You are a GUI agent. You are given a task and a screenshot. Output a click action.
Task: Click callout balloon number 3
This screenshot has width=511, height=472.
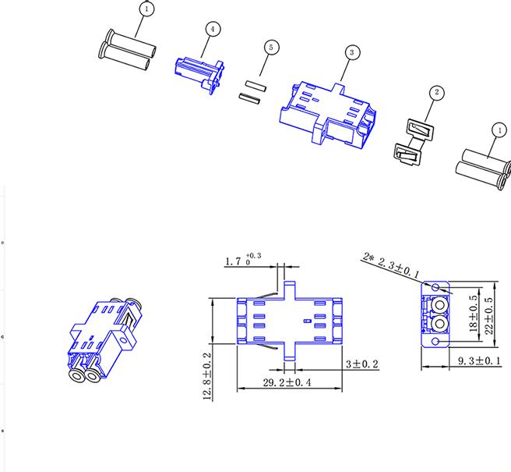(x=353, y=51)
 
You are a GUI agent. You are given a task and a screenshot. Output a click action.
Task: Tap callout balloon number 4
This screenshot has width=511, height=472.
(x=212, y=28)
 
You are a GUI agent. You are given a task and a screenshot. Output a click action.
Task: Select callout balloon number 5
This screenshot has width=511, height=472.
(x=270, y=48)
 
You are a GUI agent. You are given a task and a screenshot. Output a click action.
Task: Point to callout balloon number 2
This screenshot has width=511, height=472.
(x=437, y=92)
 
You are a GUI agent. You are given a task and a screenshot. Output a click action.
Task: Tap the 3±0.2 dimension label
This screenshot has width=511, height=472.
(x=361, y=364)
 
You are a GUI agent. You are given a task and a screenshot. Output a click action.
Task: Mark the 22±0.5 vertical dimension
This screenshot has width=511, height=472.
(x=489, y=311)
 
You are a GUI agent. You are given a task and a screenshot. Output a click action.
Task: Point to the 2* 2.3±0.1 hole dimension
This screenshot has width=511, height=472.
(x=393, y=264)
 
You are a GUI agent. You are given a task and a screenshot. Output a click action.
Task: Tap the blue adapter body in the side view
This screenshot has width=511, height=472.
(x=288, y=320)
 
